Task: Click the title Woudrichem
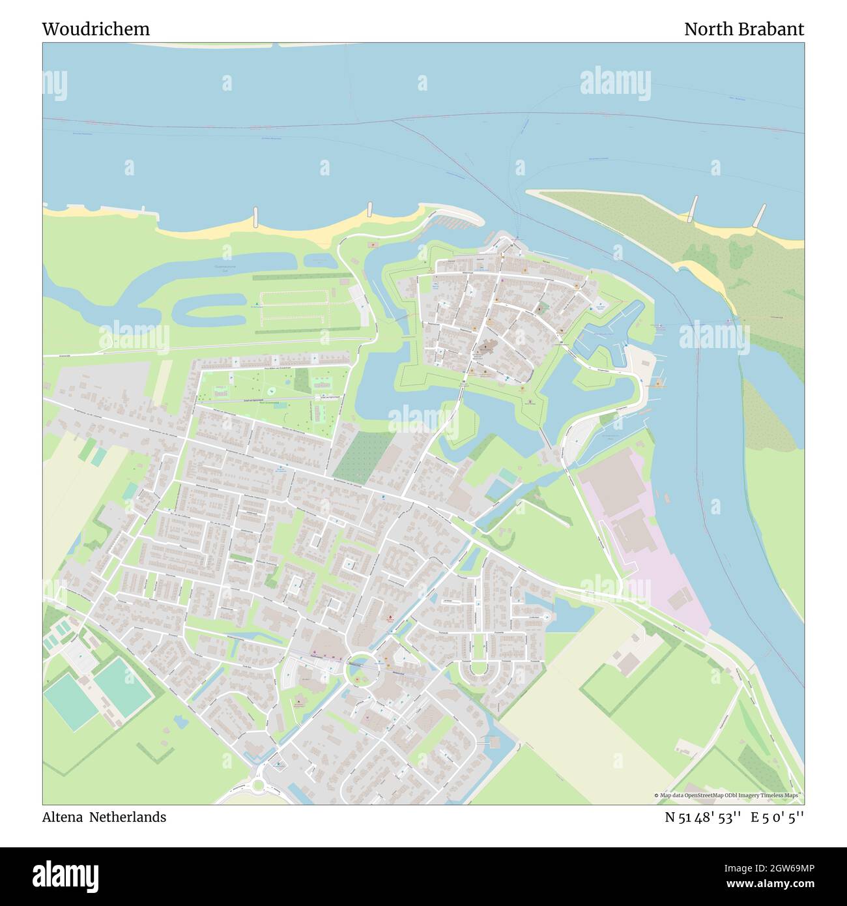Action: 96,29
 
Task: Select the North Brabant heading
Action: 743,29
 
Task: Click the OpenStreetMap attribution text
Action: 728,795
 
